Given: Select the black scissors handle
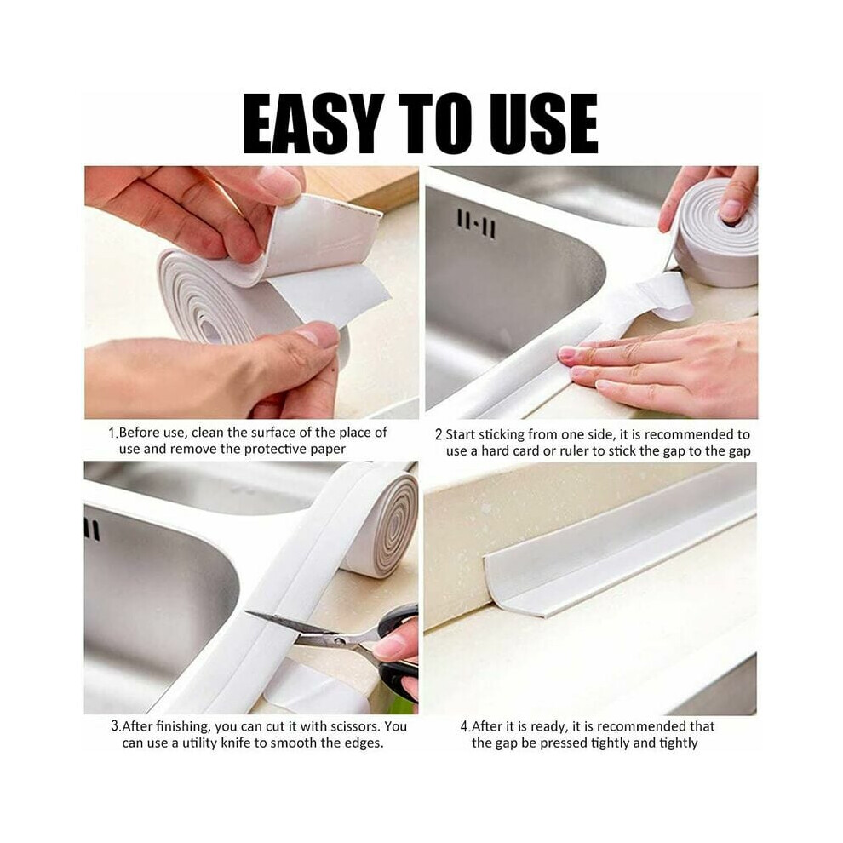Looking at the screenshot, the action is coord(399,651).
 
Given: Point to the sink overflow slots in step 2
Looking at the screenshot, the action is coord(476,224).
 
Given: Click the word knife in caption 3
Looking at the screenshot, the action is coord(236,743).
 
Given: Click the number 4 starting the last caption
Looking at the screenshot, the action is coord(464,727).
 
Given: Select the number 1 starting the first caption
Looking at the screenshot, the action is coord(112,433).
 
